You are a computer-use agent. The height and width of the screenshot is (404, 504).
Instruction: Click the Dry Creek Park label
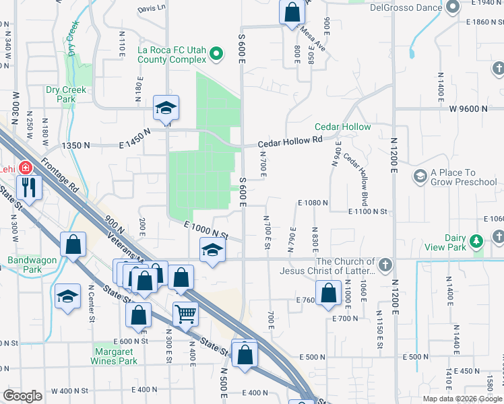pos(61,94)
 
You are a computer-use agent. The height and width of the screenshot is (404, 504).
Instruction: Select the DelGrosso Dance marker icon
pos(453,7)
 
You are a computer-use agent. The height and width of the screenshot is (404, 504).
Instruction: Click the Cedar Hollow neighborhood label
pos(342,127)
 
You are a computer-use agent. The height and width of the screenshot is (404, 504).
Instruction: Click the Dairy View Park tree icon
pos(476,241)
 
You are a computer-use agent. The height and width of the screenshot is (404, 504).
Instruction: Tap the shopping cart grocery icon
pos(185,312)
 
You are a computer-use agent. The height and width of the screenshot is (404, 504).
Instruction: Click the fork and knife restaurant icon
pos(28,186)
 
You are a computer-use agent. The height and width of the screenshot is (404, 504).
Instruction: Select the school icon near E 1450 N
pos(165,108)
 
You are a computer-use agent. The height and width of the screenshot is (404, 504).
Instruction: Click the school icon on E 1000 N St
pos(212,250)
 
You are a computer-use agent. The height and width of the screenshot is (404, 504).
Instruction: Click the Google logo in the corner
pos(22,396)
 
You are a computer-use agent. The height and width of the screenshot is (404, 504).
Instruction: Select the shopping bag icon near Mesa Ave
pos(292,12)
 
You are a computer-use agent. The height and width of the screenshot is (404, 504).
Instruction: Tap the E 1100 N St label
pos(368,211)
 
